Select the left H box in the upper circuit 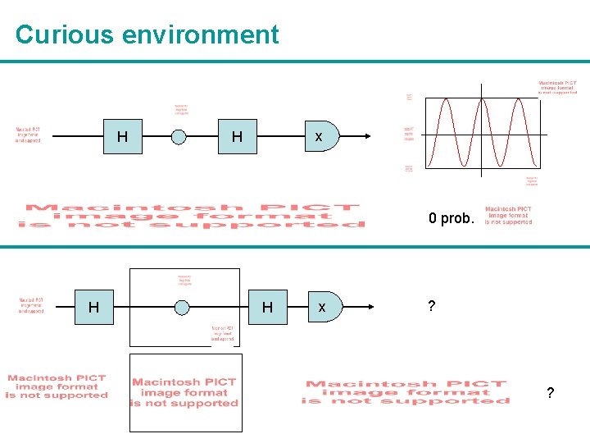122,137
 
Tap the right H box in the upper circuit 237,137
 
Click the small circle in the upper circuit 179,137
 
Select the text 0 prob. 451,219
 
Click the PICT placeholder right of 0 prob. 508,215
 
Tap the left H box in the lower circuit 94,308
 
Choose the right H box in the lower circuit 267,308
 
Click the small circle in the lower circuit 182,308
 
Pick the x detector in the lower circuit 323,308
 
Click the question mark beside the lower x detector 431,306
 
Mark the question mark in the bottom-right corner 550,393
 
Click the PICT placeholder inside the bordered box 185,392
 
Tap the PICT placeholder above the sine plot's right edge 557,87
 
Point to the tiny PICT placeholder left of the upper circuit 28,135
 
